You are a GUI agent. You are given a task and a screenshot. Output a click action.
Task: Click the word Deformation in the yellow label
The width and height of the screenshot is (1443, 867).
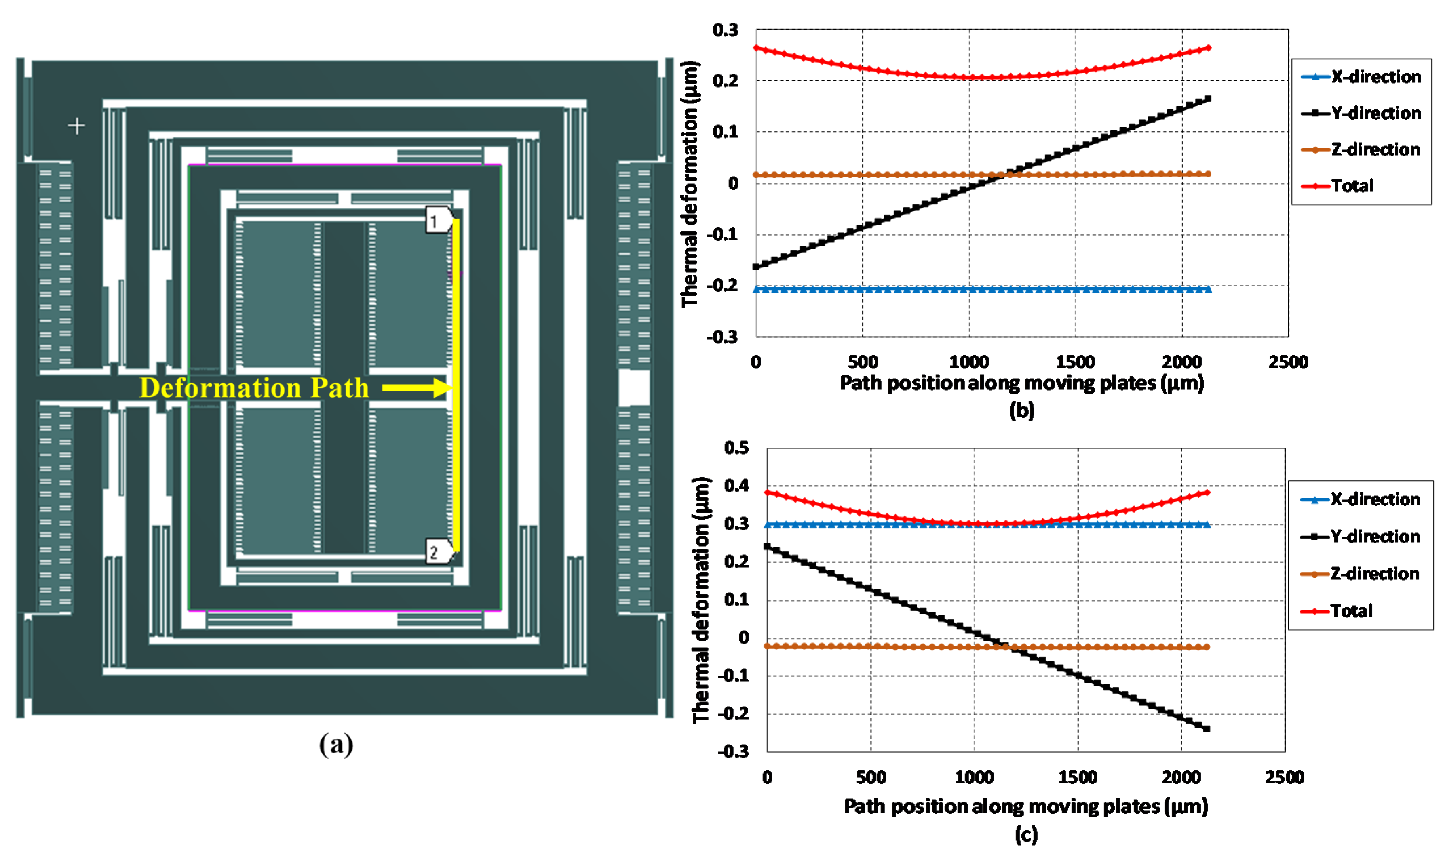(220, 387)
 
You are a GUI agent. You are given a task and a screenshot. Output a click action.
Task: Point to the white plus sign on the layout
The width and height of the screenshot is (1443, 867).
(76, 126)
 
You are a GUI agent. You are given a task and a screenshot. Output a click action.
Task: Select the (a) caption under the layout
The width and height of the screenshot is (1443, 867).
(336, 745)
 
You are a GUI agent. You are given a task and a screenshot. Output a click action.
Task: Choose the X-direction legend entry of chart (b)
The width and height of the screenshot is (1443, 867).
(1362, 76)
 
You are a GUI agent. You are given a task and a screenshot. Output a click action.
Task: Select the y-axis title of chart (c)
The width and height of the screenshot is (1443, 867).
(701, 600)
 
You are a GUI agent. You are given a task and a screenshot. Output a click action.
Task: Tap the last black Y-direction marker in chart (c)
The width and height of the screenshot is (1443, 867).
(1206, 728)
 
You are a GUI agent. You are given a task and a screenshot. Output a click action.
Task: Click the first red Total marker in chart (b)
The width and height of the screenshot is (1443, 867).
(756, 48)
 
